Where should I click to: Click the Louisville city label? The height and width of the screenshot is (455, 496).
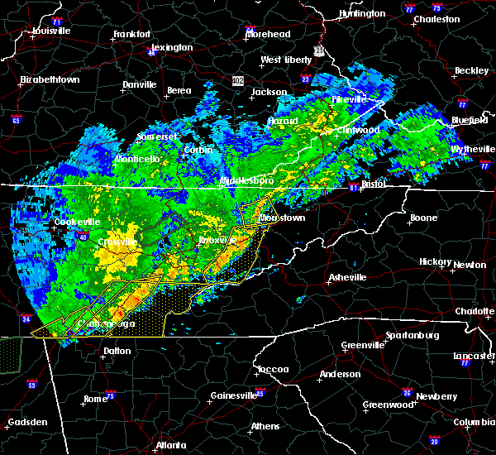(x=49, y=31)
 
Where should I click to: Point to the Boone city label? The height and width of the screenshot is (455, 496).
(x=423, y=218)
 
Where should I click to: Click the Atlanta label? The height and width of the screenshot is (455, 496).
(x=171, y=444)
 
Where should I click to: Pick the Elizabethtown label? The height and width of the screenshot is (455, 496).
(x=50, y=79)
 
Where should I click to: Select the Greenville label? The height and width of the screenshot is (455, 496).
(x=364, y=345)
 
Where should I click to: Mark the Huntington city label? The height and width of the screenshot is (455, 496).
(x=362, y=13)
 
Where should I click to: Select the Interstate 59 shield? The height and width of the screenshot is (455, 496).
(x=31, y=385)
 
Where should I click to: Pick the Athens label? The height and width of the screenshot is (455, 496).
(x=265, y=426)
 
